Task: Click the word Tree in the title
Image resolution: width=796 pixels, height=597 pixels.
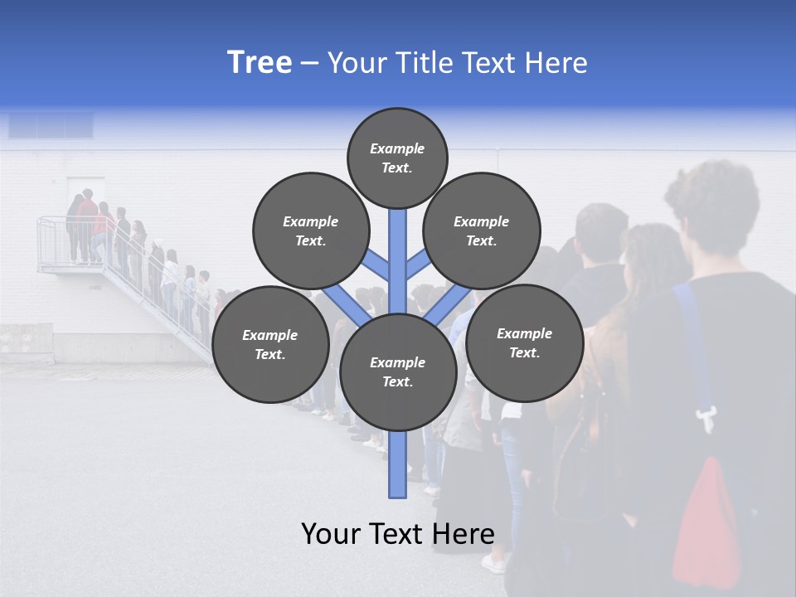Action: click(260, 63)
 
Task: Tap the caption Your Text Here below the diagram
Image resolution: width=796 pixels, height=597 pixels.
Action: click(397, 534)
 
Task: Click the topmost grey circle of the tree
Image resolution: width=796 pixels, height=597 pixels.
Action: click(397, 158)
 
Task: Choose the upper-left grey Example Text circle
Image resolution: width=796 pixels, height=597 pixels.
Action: click(310, 231)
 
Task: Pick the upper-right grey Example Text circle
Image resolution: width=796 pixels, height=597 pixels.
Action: click(481, 231)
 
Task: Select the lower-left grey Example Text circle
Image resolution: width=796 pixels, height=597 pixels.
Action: click(269, 344)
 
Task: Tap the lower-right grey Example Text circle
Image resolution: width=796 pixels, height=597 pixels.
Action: click(524, 342)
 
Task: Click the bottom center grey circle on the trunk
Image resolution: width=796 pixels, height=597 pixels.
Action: click(397, 371)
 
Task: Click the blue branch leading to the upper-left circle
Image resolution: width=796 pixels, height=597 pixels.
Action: click(378, 266)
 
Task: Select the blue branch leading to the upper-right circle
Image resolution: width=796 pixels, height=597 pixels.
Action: click(417, 266)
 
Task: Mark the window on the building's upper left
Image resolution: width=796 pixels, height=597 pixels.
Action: click(51, 126)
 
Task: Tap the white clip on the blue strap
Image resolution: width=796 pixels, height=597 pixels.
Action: click(706, 419)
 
